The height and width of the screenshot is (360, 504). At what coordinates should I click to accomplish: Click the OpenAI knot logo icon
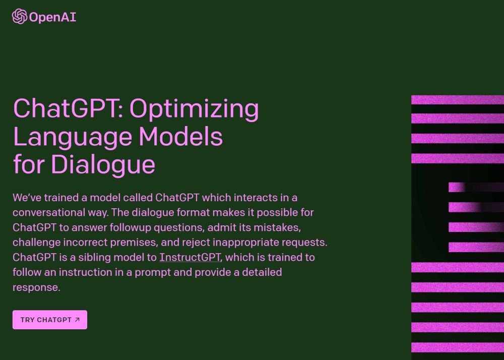click(20, 17)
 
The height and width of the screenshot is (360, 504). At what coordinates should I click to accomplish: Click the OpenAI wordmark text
click(53, 17)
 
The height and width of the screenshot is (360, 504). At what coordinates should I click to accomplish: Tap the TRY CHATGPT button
click(50, 320)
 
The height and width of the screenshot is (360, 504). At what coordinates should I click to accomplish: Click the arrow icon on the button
click(77, 320)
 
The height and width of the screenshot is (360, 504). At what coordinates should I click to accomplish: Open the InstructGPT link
click(190, 257)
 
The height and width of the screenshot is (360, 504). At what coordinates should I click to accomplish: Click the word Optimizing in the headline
click(194, 109)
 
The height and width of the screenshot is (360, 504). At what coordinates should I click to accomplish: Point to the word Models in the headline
click(180, 136)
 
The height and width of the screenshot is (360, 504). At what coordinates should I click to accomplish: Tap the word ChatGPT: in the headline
click(68, 108)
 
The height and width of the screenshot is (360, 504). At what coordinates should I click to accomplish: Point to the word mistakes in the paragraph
click(277, 227)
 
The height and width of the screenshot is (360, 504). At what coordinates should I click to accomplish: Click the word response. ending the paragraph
click(36, 287)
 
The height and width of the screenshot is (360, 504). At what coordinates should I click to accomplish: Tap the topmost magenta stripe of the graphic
click(458, 100)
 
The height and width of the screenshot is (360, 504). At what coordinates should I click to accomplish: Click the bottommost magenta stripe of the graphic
click(458, 347)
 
